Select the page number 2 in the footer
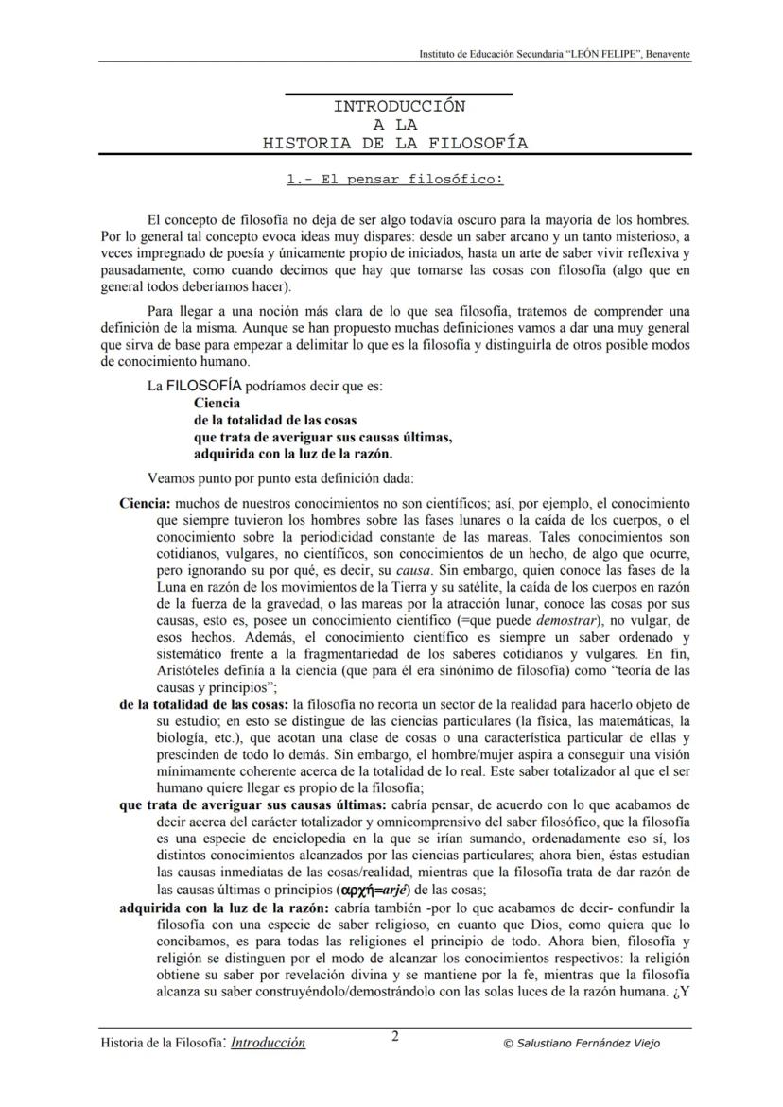coord(395,1036)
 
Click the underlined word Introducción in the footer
coord(269,1043)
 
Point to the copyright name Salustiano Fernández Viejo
coord(582,1044)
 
